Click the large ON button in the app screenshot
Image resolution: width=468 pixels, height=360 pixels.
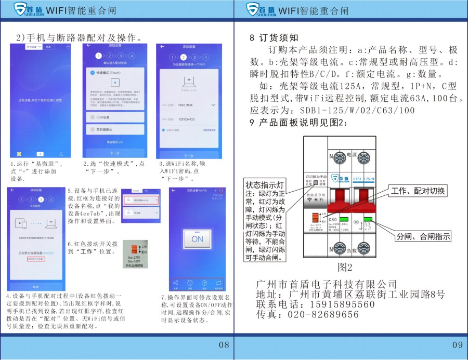[197, 239]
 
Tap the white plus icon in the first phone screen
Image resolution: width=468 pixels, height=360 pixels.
[40, 154]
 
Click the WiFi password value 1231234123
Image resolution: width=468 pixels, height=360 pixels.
[186, 119]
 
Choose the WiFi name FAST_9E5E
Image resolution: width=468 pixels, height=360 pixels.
[186, 105]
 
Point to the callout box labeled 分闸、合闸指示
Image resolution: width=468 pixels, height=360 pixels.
[423, 237]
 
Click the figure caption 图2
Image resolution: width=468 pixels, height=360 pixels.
[345, 268]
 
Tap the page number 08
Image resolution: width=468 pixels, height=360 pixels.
[224, 345]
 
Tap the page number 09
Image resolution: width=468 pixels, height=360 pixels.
[457, 345]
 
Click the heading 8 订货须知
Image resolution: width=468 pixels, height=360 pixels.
[274, 38]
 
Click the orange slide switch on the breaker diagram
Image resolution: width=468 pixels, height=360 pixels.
[316, 219]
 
